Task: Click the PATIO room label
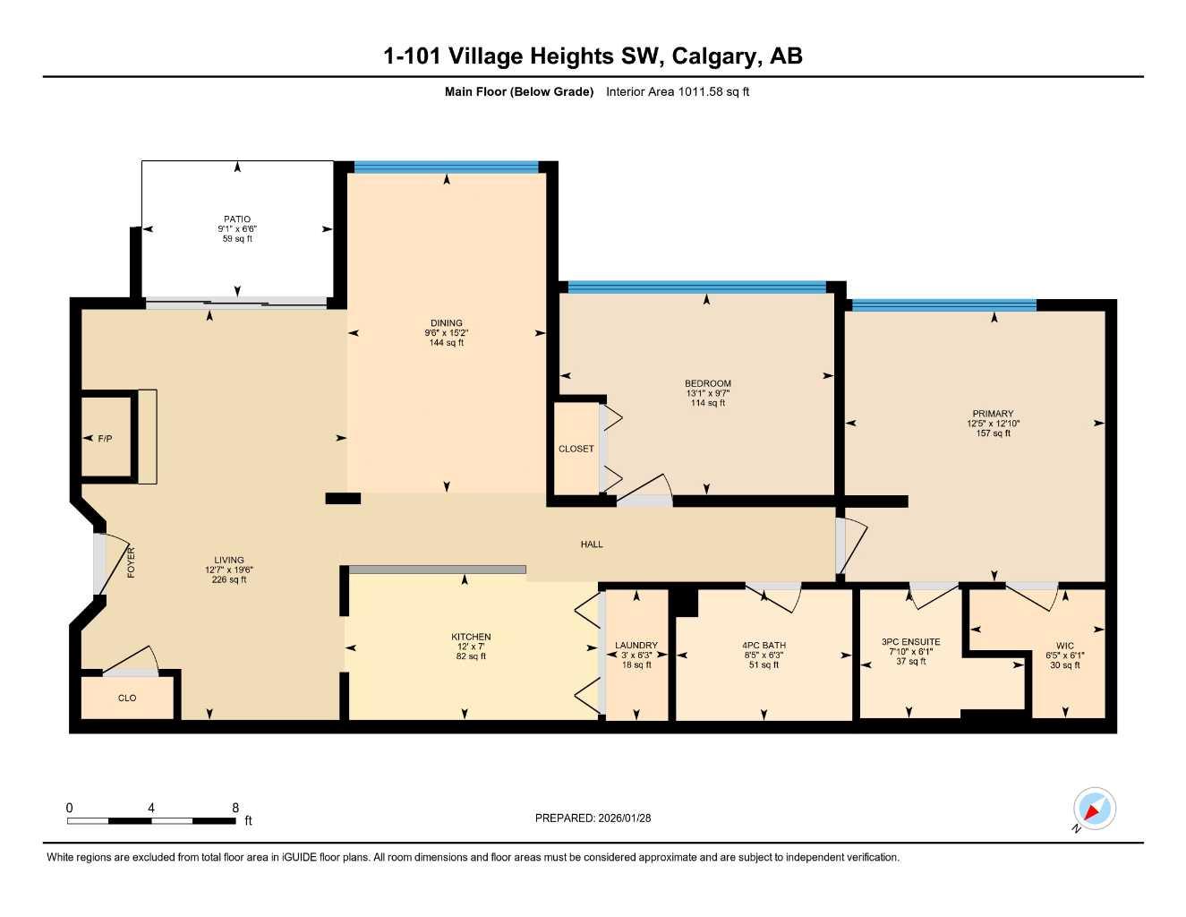click(237, 219)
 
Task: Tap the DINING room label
click(446, 323)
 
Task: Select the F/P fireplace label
click(105, 439)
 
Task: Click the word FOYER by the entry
click(131, 561)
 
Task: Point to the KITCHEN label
click(471, 637)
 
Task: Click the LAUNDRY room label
click(636, 645)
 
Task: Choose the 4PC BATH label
click(764, 645)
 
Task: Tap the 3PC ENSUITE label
click(910, 642)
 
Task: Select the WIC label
click(1064, 646)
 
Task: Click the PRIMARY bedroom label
click(993, 414)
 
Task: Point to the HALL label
click(592, 544)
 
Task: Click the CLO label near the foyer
click(127, 698)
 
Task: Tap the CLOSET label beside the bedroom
click(576, 449)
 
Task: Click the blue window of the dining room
click(446, 167)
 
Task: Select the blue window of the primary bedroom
click(943, 305)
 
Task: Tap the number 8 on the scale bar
click(235, 808)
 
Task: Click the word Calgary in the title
click(713, 56)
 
